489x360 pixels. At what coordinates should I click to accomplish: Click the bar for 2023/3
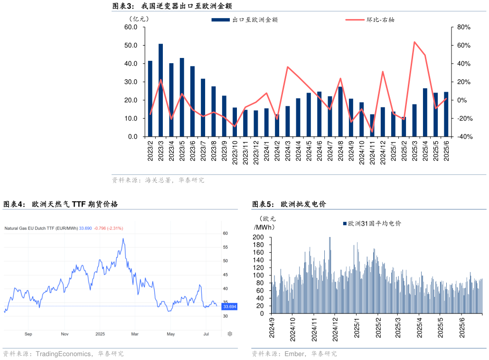click(x=161, y=90)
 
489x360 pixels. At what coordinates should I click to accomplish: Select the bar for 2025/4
click(x=425, y=113)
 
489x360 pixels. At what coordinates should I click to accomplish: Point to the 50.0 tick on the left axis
click(x=131, y=45)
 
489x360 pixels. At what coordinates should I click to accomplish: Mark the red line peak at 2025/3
click(x=414, y=42)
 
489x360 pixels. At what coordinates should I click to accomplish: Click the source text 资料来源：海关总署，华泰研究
click(x=158, y=180)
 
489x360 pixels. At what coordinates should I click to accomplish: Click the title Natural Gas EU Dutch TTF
click(x=41, y=228)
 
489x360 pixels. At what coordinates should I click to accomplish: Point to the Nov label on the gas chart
click(x=65, y=334)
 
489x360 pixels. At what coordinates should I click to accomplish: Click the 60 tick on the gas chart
click(x=226, y=234)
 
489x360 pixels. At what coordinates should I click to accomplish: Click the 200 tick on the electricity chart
click(x=258, y=237)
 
